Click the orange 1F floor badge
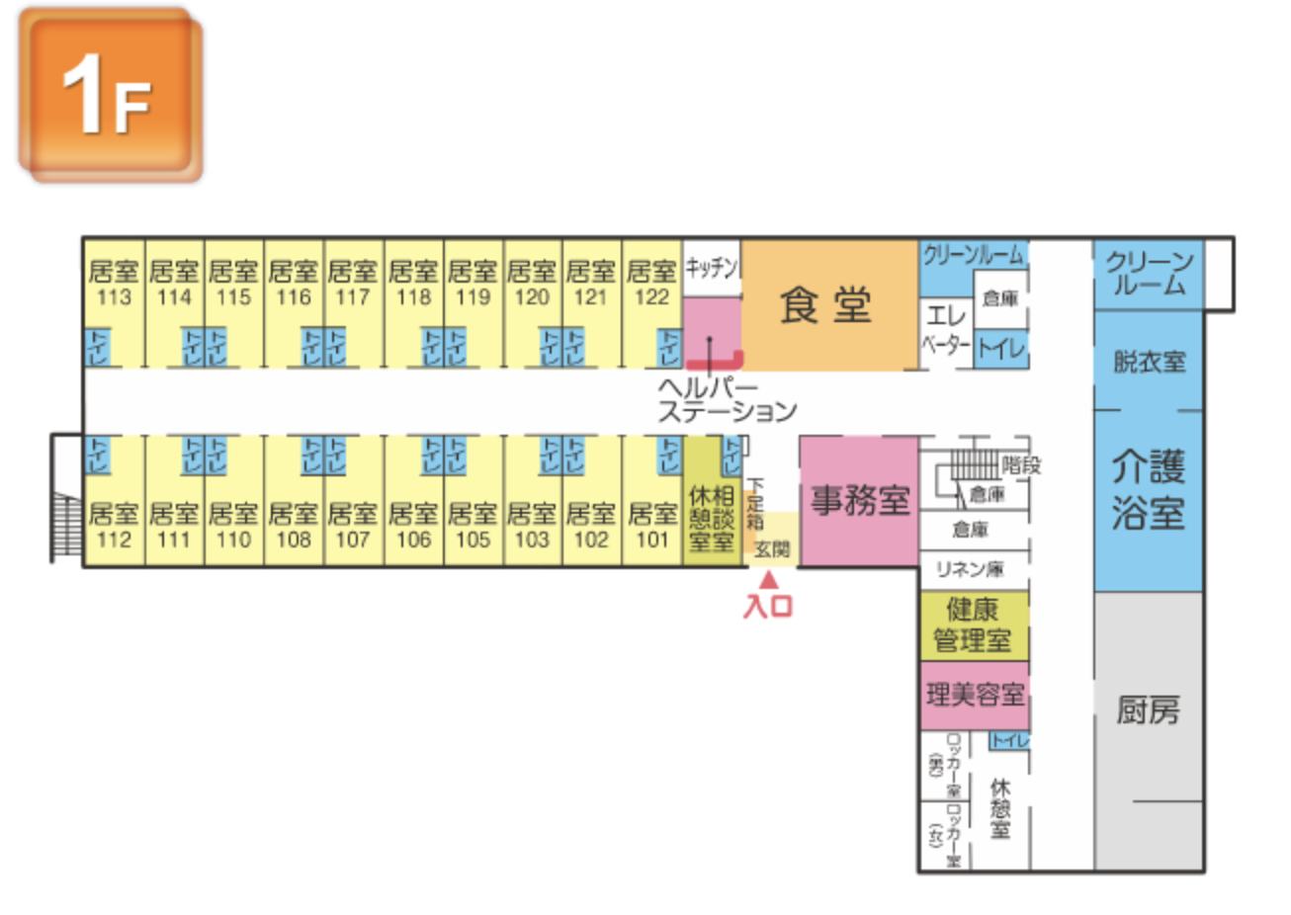click(110, 95)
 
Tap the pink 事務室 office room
click(859, 501)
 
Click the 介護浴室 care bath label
click(1148, 489)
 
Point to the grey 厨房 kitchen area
click(1148, 709)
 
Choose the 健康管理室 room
click(974, 625)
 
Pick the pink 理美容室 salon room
click(975, 696)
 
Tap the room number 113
click(114, 296)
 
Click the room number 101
click(651, 540)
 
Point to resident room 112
click(114, 526)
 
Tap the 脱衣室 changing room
click(1149, 362)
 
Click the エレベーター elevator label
click(946, 330)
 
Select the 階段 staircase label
click(1021, 464)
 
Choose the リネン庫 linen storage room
click(971, 568)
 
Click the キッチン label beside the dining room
click(712, 267)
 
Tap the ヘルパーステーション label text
click(727, 399)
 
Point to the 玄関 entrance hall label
click(771, 549)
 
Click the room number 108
click(294, 540)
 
